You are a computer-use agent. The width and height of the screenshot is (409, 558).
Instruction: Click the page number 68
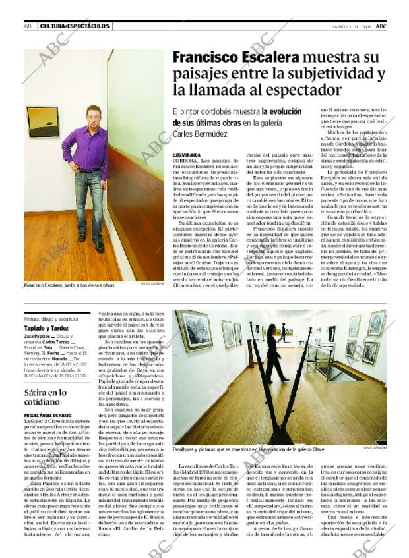tap(28, 26)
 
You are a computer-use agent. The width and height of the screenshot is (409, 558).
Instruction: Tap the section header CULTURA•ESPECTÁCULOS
tap(75, 26)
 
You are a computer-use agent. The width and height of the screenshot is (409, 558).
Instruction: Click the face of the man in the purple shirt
tap(94, 115)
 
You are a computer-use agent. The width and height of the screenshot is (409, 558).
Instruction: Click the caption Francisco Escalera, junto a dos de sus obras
tap(69, 285)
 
